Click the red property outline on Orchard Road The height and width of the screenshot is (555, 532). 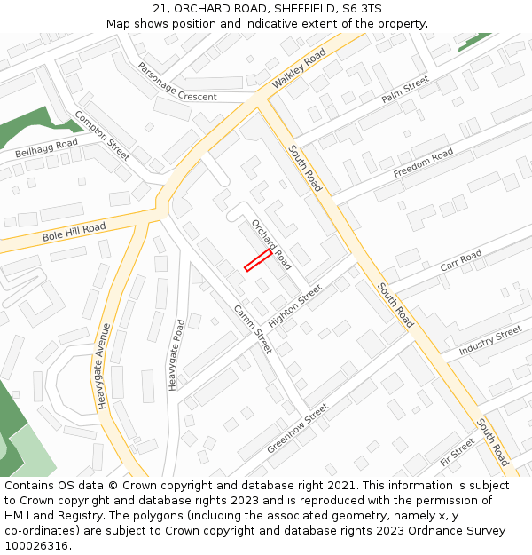click(258, 259)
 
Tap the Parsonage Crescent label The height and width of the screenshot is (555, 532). click(176, 82)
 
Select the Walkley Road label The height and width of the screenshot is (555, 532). click(299, 68)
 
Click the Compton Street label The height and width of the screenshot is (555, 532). click(102, 135)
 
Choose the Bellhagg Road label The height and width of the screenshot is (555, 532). click(46, 147)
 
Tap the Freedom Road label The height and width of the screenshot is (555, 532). click(423, 163)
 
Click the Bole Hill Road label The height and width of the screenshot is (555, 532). click(74, 233)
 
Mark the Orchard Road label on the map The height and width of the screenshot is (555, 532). click(271, 243)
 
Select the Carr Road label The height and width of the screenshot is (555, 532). click(461, 261)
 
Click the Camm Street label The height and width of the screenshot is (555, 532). click(253, 329)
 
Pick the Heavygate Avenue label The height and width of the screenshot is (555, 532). click(104, 366)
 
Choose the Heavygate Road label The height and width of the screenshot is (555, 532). click(176, 355)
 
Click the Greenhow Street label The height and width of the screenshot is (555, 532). click(298, 427)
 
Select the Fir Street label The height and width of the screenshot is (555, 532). click(457, 452)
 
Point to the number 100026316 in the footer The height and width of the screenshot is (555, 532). click(36, 545)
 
